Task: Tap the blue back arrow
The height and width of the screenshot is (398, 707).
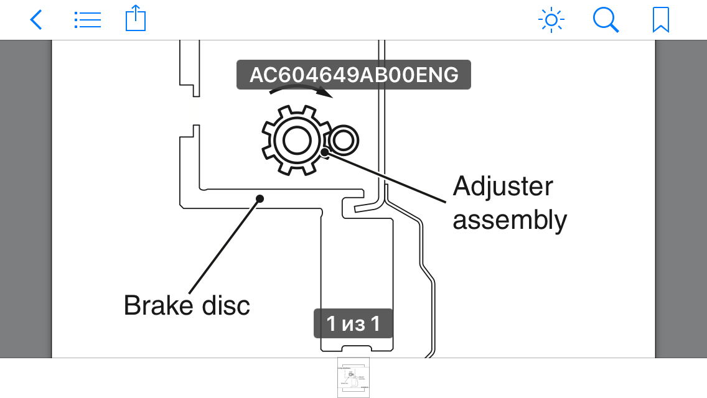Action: [36, 20]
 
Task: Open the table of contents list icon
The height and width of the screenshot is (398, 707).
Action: [87, 20]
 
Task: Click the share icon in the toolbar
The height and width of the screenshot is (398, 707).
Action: [135, 19]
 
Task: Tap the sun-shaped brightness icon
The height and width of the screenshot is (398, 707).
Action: [551, 20]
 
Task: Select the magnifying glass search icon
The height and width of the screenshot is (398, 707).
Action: [606, 20]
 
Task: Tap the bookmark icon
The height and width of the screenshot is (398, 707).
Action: [660, 20]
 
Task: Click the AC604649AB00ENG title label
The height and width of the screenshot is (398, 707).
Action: [353, 75]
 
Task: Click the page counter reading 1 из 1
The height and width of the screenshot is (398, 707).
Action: [353, 323]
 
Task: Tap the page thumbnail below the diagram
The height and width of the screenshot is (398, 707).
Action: [353, 377]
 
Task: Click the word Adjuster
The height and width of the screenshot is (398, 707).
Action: [503, 187]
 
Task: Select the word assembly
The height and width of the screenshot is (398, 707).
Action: [510, 220]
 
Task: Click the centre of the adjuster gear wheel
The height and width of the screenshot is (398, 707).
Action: [293, 141]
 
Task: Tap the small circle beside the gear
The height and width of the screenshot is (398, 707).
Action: [343, 141]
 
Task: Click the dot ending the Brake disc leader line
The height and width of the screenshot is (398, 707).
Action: [260, 199]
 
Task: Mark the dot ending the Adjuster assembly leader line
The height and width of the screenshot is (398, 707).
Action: [325, 151]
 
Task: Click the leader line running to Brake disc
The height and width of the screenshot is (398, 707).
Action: [224, 246]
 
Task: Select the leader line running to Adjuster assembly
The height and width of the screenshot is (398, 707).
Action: [386, 177]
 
